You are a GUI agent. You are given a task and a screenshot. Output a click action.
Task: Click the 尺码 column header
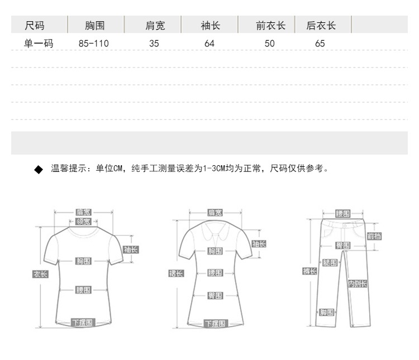[x=35, y=25]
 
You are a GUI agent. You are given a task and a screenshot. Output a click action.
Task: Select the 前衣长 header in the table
[x=271, y=25]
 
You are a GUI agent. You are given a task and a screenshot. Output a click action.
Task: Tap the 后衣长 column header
[x=321, y=25]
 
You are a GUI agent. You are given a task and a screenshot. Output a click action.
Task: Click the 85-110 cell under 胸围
[x=94, y=43]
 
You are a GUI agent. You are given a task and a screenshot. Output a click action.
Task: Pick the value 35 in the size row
[x=154, y=43]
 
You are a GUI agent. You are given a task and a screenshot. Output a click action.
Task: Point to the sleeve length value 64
[x=209, y=43]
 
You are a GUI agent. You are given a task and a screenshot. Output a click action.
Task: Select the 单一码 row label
[x=39, y=43]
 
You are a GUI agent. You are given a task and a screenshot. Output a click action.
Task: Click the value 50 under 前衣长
[x=270, y=43]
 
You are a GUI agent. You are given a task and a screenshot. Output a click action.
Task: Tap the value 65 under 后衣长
[x=320, y=43]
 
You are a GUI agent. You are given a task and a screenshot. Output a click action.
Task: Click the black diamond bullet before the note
[x=39, y=169]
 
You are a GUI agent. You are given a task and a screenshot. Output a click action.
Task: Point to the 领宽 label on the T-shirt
[x=83, y=222]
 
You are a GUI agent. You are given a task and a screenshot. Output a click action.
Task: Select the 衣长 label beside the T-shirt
[x=41, y=274]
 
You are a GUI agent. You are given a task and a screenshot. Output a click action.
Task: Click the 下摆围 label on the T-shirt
[x=82, y=323]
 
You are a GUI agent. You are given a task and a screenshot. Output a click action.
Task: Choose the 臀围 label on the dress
[x=215, y=295]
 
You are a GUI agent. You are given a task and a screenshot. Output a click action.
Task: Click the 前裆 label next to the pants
[x=374, y=236]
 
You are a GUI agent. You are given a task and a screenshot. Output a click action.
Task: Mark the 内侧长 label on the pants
[x=358, y=284]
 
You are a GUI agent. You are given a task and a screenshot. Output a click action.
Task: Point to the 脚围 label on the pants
[x=327, y=312]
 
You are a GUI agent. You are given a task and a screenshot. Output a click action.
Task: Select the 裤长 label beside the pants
[x=310, y=271]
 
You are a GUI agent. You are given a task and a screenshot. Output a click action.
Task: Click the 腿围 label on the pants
[x=330, y=262]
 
